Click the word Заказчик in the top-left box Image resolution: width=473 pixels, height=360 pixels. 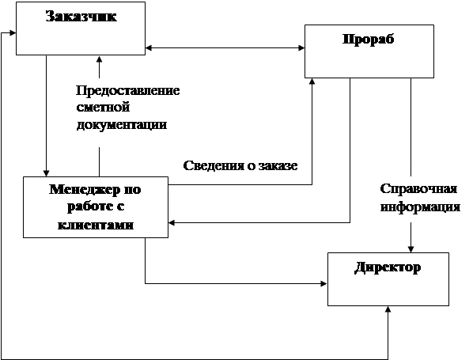(81, 17)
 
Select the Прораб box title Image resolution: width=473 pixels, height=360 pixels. (369, 40)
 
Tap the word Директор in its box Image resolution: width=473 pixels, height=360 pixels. (388, 267)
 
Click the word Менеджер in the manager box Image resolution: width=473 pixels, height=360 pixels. (82, 190)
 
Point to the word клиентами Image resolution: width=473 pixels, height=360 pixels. (96, 225)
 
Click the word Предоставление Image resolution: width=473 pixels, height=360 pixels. (128, 90)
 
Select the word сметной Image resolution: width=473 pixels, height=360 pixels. (103, 107)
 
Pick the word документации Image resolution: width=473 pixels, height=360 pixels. (122, 125)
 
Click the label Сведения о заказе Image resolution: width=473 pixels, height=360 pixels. (240, 165)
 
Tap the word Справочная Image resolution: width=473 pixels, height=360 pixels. (418, 190)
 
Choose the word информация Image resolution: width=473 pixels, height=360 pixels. (420, 207)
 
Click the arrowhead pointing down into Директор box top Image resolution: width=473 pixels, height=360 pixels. (411, 248)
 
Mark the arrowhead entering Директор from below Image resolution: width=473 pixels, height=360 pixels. (388, 309)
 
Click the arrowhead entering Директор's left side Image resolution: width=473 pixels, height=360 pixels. (324, 283)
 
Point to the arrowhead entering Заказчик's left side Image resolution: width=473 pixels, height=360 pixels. (13, 32)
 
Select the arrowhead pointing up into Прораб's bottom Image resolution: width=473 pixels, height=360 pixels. (312, 81)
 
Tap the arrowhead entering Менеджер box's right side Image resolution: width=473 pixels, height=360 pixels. (172, 223)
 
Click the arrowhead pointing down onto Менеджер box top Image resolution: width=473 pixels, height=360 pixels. (46, 173)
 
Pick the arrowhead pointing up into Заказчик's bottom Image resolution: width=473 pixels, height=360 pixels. (99, 59)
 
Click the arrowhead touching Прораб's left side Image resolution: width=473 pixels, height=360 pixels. (301, 47)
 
